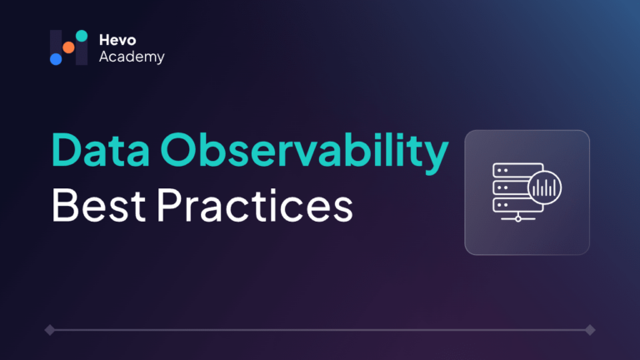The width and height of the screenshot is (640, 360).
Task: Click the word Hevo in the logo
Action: coord(117,40)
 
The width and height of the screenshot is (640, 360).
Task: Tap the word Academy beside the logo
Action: coord(132,57)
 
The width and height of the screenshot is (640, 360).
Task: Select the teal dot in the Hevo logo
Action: coord(82,36)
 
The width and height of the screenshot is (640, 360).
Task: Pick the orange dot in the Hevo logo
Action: coord(68,47)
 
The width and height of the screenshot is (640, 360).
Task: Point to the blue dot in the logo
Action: coord(56,59)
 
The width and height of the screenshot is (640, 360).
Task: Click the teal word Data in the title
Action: coord(100,150)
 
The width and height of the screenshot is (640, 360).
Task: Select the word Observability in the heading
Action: coord(304,153)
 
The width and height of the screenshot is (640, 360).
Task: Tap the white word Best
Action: coord(98,205)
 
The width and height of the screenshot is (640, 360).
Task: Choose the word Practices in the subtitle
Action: coord(255,204)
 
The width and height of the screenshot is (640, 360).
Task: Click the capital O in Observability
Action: coord(178,150)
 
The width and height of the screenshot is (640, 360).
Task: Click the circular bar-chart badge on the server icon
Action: coord(544,187)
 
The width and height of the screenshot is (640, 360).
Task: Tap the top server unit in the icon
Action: coord(517,170)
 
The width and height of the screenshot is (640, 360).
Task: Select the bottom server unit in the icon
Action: coord(517,205)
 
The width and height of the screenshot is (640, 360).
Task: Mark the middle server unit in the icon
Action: coord(510,187)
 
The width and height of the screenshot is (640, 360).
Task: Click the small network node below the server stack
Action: coord(518,219)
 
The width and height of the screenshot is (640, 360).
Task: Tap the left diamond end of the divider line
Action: coord(50,330)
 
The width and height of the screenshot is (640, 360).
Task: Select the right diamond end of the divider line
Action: coord(590,330)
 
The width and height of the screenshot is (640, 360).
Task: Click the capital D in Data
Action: coord(66,150)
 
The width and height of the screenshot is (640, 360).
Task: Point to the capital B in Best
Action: coord(64,205)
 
